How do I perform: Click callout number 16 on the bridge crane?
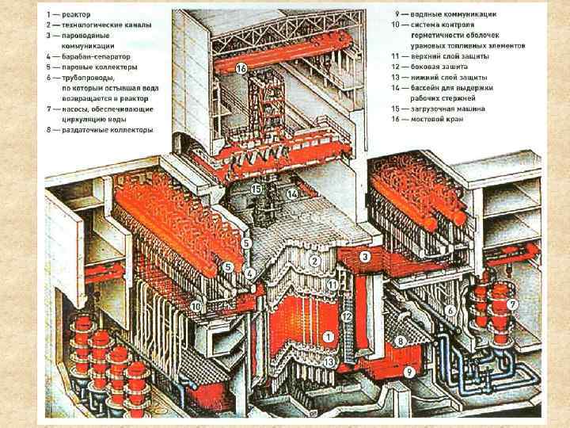tap(241, 70)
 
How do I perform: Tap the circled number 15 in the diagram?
tap(256, 189)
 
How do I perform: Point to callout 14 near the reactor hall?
tap(292, 193)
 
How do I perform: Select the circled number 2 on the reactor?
tap(314, 260)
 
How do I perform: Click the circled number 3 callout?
tap(365, 257)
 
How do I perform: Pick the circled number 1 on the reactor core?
tap(326, 336)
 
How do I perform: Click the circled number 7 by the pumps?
tap(513, 304)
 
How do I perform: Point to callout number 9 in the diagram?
tap(409, 370)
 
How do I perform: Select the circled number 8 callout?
tap(401, 342)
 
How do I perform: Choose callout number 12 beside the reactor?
tap(346, 316)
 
